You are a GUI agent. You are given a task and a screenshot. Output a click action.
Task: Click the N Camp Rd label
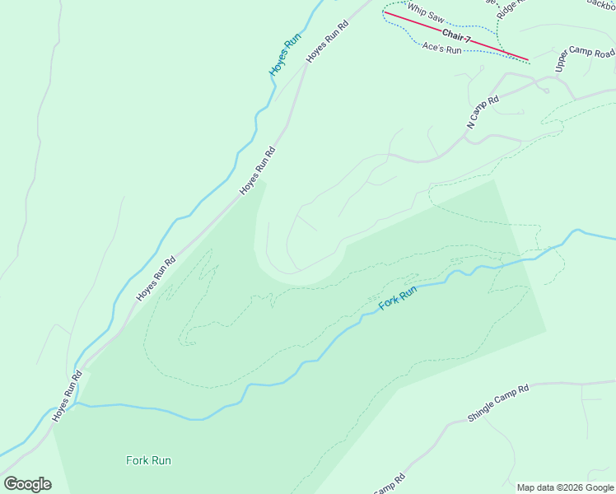(x=483, y=113)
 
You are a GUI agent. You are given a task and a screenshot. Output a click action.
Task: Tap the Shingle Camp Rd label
(x=497, y=402)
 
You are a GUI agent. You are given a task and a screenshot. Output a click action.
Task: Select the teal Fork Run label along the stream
(x=398, y=297)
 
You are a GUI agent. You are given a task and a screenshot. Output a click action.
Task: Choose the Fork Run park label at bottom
(x=149, y=460)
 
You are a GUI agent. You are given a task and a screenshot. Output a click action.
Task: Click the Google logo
(x=27, y=484)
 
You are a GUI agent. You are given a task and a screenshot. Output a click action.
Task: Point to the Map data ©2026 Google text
(x=565, y=487)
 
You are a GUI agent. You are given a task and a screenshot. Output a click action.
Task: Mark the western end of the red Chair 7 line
(x=385, y=12)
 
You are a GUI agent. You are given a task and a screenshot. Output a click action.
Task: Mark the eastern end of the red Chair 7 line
(x=529, y=60)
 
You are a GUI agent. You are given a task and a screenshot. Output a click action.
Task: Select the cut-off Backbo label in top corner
(x=601, y=3)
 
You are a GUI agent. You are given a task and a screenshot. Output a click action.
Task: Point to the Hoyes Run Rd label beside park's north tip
(x=257, y=170)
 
